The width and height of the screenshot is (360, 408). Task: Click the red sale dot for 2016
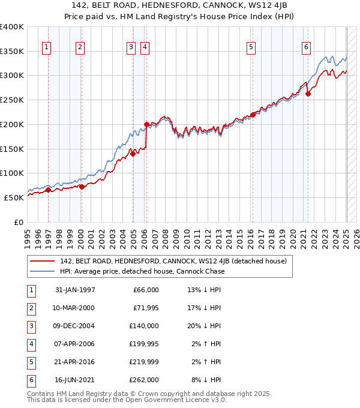pos(253,115)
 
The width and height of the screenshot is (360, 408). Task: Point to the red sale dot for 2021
pos(308,94)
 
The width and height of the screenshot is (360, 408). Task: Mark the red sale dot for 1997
pos(49,190)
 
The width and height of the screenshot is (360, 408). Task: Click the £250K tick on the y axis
pos(12,100)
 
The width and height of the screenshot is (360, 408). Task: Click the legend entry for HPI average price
pos(142,271)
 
